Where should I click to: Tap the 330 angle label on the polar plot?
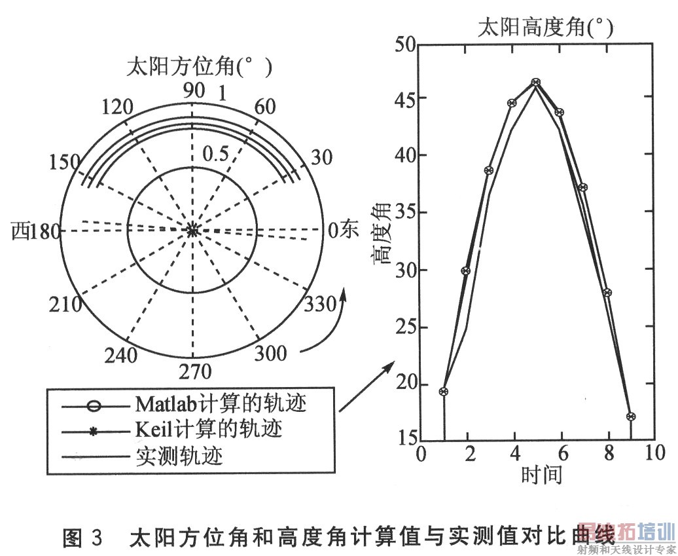tap(321, 304)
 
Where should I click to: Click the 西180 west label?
tap(37, 231)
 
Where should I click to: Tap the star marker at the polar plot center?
tap(192, 230)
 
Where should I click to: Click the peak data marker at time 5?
tap(536, 82)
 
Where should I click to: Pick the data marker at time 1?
tap(444, 392)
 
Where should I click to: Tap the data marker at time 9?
tap(631, 417)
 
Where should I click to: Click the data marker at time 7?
tap(583, 187)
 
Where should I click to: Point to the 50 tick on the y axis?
tap(406, 45)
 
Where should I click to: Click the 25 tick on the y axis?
tap(406, 327)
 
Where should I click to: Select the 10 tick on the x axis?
tap(652, 453)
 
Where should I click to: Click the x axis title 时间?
tap(542, 473)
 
